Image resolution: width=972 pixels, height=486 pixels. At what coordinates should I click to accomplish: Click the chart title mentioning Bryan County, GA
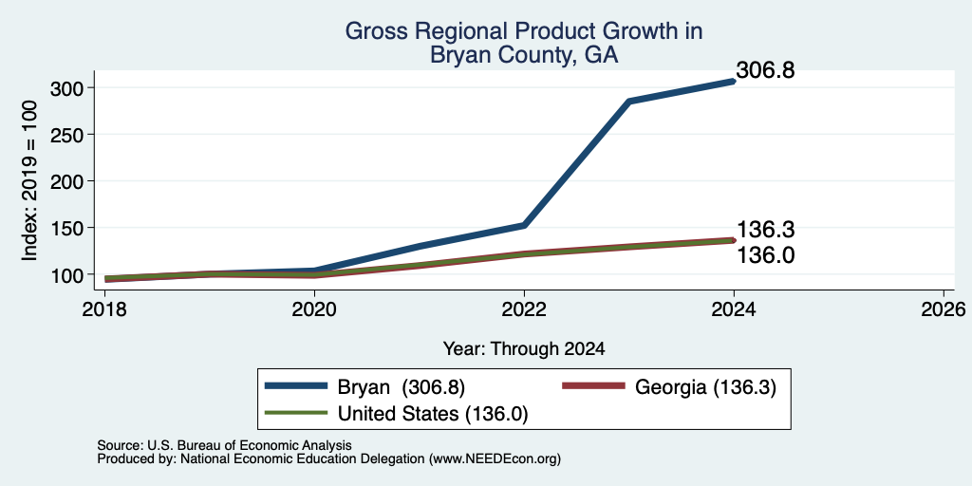523,43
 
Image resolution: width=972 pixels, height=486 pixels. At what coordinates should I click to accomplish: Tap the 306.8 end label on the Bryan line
765,70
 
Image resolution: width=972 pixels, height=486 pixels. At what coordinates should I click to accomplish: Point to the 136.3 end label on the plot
765,230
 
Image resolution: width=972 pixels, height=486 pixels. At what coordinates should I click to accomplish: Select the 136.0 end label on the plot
765,254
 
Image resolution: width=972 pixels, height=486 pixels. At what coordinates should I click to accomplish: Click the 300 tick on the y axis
66,88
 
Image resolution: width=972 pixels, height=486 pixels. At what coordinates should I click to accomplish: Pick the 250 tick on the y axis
66,135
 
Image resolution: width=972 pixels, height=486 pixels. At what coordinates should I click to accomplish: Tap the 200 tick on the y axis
66,181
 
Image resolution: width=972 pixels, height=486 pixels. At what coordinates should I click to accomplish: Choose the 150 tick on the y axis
66,228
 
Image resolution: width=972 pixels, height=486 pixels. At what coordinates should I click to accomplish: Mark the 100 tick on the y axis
66,274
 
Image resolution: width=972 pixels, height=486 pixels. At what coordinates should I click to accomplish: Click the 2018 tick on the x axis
104,308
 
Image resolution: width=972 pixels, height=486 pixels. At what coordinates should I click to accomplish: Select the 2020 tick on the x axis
314,308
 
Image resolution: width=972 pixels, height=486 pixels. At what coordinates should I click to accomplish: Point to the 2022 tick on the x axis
524,308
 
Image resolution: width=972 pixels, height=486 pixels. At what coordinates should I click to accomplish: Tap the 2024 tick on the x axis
734,308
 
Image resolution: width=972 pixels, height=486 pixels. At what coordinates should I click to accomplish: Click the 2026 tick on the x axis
944,308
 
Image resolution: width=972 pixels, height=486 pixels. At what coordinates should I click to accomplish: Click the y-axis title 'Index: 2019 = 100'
29,180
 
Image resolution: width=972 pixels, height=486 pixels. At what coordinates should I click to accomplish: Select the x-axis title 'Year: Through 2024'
524,349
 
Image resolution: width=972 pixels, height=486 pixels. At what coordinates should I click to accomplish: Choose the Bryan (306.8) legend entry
364,387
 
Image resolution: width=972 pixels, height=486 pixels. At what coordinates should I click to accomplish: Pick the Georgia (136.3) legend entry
669,387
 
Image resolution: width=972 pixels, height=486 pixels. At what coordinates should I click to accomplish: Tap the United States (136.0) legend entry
396,413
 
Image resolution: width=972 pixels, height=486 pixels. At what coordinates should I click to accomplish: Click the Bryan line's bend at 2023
629,101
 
